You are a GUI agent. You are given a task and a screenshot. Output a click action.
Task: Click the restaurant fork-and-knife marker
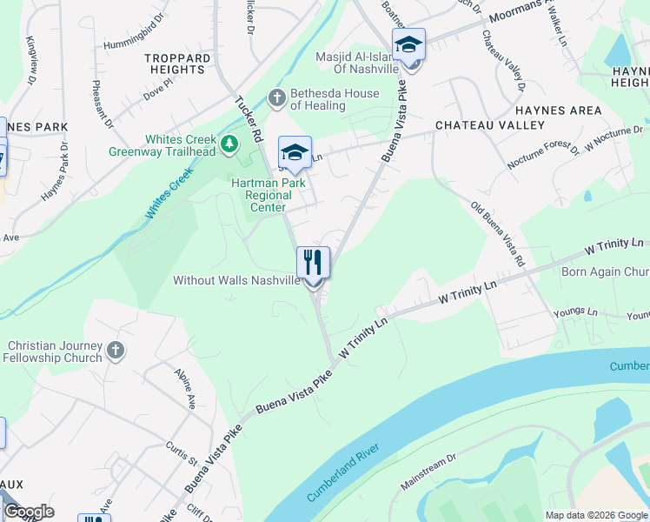pyautogui.click(x=313, y=262)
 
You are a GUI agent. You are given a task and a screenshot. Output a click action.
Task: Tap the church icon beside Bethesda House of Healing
pyautogui.click(x=277, y=97)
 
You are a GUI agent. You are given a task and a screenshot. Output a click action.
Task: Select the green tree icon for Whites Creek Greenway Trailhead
pyautogui.click(x=229, y=144)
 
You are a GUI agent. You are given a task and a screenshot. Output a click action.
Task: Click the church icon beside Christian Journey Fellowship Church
pyautogui.click(x=116, y=351)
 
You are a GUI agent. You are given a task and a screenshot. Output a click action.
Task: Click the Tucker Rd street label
pyautogui.click(x=249, y=119)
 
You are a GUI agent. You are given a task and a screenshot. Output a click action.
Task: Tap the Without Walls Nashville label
pyautogui.click(x=236, y=280)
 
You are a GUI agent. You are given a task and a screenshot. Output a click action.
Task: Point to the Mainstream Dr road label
pyautogui.click(x=428, y=470)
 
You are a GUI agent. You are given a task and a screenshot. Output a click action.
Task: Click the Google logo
pyautogui.click(x=29, y=512)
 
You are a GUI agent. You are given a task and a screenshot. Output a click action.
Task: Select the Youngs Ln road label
pyautogui.click(x=580, y=311)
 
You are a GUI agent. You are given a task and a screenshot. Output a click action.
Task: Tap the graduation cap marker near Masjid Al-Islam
pyautogui.click(x=408, y=44)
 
